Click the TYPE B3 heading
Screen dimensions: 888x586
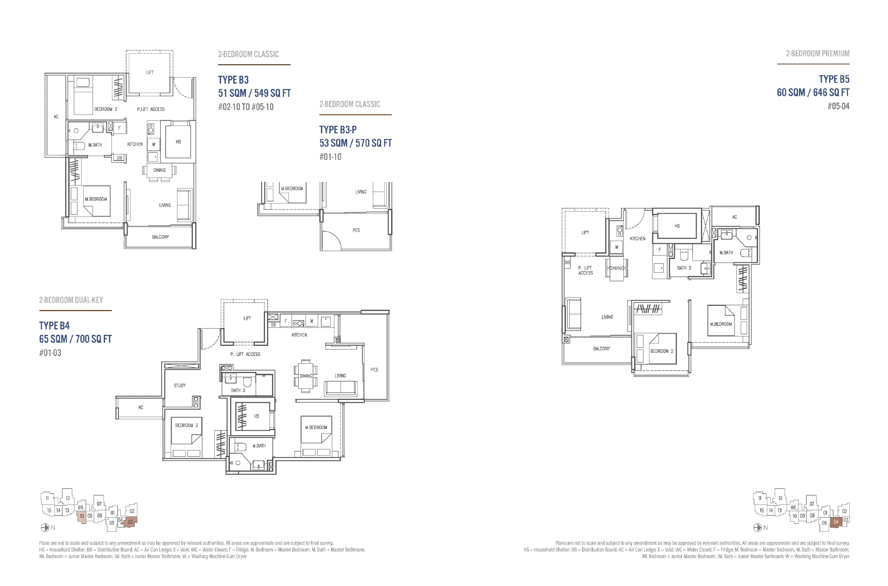[233, 80]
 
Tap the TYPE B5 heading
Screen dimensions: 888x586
[834, 79]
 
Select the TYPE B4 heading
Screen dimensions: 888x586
[55, 326]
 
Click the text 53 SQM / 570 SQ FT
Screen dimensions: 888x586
[355, 143]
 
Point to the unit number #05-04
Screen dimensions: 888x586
[838, 106]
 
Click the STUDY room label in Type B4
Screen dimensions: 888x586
[180, 385]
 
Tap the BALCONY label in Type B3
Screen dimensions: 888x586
[160, 237]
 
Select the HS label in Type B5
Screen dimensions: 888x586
[677, 226]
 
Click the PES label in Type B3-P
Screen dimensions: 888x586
[356, 230]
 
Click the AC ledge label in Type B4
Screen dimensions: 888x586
[141, 407]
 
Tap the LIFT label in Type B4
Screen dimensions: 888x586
[247, 318]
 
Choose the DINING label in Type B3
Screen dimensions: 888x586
[160, 170]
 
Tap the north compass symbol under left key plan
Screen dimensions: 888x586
[45, 528]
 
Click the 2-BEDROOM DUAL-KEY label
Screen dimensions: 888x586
[71, 300]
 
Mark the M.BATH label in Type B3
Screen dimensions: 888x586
[95, 145]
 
